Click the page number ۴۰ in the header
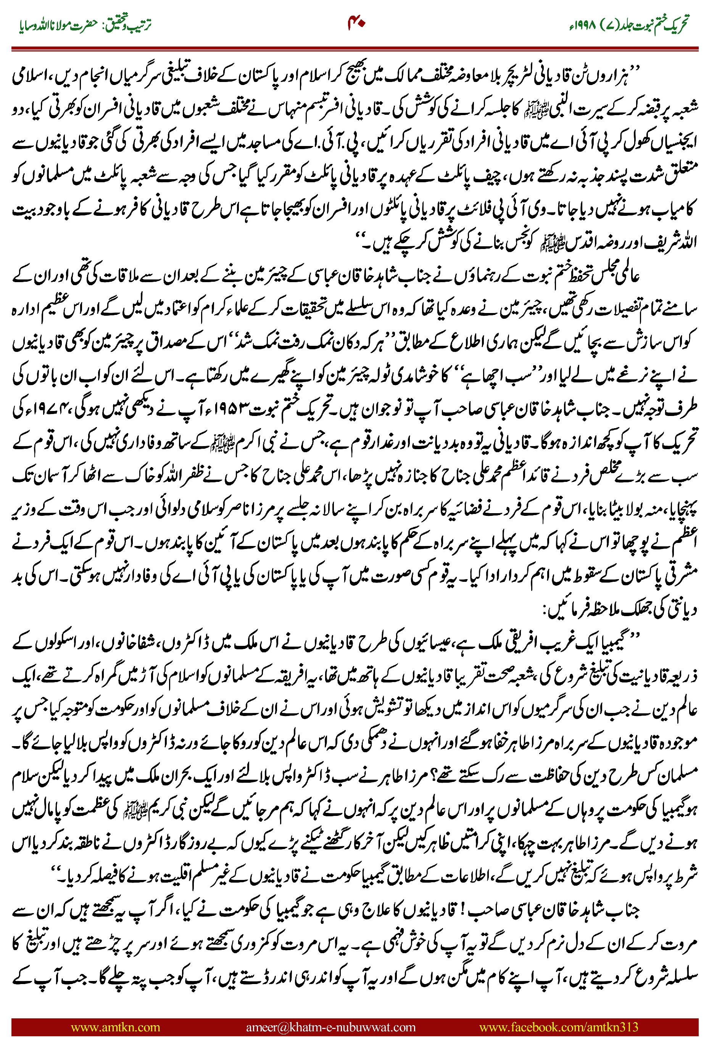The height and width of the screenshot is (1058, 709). point(356,22)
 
